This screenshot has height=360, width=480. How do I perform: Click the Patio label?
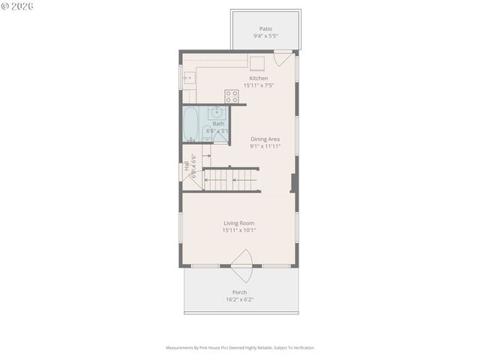[265, 28]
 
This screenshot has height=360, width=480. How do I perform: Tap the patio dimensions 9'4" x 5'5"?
[265, 35]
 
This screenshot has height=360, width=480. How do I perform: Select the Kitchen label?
[259, 78]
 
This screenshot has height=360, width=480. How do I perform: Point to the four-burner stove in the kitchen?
[232, 96]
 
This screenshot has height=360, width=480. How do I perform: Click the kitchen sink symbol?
[188, 76]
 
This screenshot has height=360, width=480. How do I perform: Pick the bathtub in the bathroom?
[190, 124]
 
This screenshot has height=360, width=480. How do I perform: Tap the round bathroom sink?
[217, 113]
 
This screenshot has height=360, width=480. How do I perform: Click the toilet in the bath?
[207, 133]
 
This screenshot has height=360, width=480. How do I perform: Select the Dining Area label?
[265, 139]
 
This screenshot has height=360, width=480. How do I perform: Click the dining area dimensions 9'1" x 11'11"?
[265, 146]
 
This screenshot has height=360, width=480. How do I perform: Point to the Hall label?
[187, 166]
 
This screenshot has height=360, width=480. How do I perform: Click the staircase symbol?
[231, 179]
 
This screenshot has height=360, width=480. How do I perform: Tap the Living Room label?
[238, 223]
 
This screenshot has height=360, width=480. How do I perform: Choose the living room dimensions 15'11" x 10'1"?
[238, 230]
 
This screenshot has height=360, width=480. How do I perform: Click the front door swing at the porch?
[241, 259]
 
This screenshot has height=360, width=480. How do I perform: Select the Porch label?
[239, 292]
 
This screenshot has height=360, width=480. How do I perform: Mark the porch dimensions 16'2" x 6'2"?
[239, 299]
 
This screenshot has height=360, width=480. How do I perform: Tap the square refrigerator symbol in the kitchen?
[256, 63]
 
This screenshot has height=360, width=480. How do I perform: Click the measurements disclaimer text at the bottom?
[240, 347]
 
